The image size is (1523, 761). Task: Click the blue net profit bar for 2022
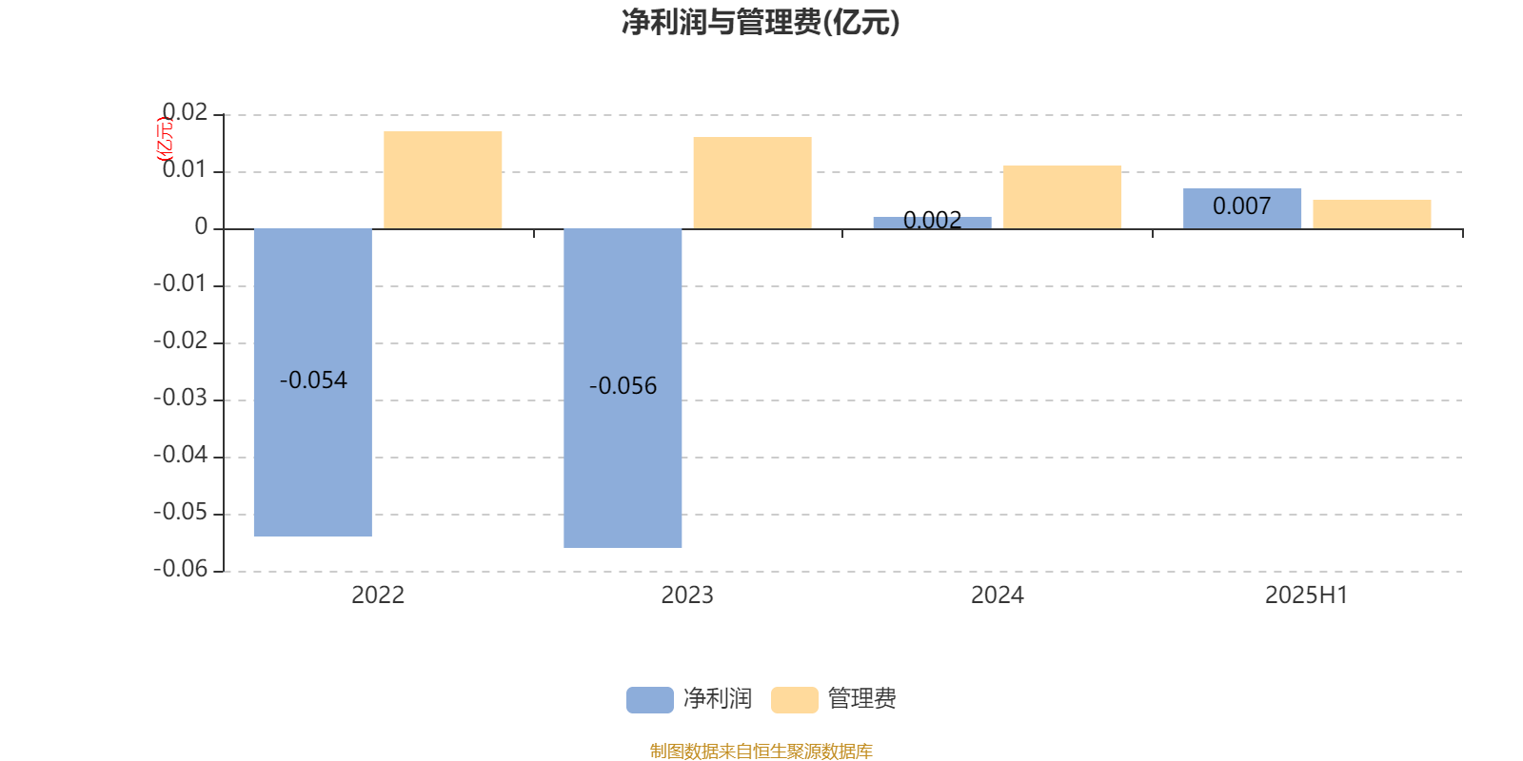(x=312, y=457)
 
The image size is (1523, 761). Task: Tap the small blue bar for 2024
(x=932, y=223)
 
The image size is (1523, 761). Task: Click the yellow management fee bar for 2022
(x=443, y=180)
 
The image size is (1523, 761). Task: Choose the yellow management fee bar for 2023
(x=752, y=183)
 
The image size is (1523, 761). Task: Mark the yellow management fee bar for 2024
(x=1062, y=197)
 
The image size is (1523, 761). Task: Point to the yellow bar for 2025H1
(x=1372, y=214)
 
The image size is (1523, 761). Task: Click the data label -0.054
(x=313, y=380)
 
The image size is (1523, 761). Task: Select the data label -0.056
(x=623, y=386)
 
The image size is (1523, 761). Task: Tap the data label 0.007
(x=1241, y=206)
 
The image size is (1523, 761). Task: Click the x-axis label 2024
(x=997, y=595)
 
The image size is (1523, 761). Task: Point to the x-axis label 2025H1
(x=1306, y=595)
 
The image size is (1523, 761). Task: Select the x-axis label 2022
(x=378, y=595)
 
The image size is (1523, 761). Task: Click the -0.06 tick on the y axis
(x=181, y=569)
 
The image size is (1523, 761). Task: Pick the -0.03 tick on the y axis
(x=181, y=399)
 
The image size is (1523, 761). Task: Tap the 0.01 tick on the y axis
(x=185, y=170)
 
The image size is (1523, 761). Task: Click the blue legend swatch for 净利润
(x=649, y=700)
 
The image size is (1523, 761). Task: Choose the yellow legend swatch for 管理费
(x=794, y=700)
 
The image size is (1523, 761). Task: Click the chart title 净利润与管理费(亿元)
(x=761, y=23)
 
